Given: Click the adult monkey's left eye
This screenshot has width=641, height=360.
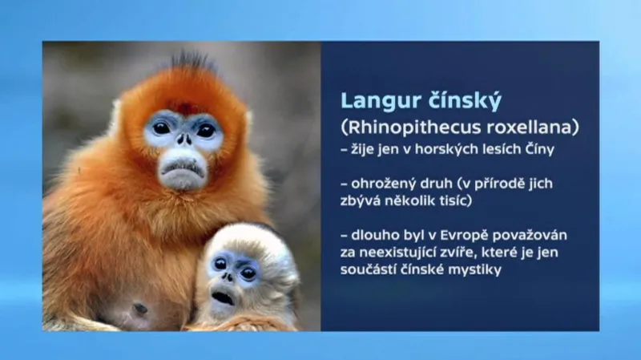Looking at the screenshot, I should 162,127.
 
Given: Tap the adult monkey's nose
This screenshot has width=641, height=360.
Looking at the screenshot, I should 183,142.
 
